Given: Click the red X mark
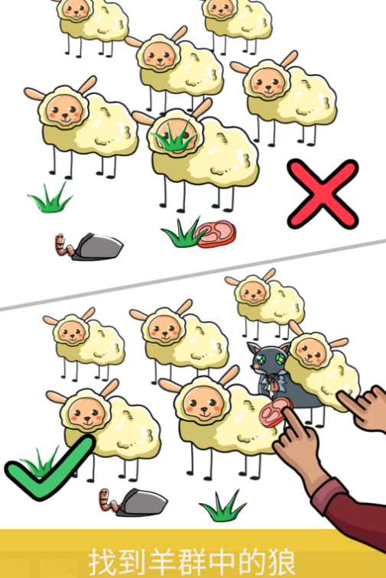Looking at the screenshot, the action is (323, 194).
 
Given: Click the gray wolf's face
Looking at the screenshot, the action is (268, 359).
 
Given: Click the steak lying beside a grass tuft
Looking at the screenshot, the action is (216, 234).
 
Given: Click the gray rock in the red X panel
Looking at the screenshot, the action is (97, 247).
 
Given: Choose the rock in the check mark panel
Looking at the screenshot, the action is (141, 502).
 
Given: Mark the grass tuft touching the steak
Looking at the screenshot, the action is (182, 233).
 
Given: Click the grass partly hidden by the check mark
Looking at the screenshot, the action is (39, 460).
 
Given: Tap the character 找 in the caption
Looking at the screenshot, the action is (104, 563).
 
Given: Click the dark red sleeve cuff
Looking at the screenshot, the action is (332, 495).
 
